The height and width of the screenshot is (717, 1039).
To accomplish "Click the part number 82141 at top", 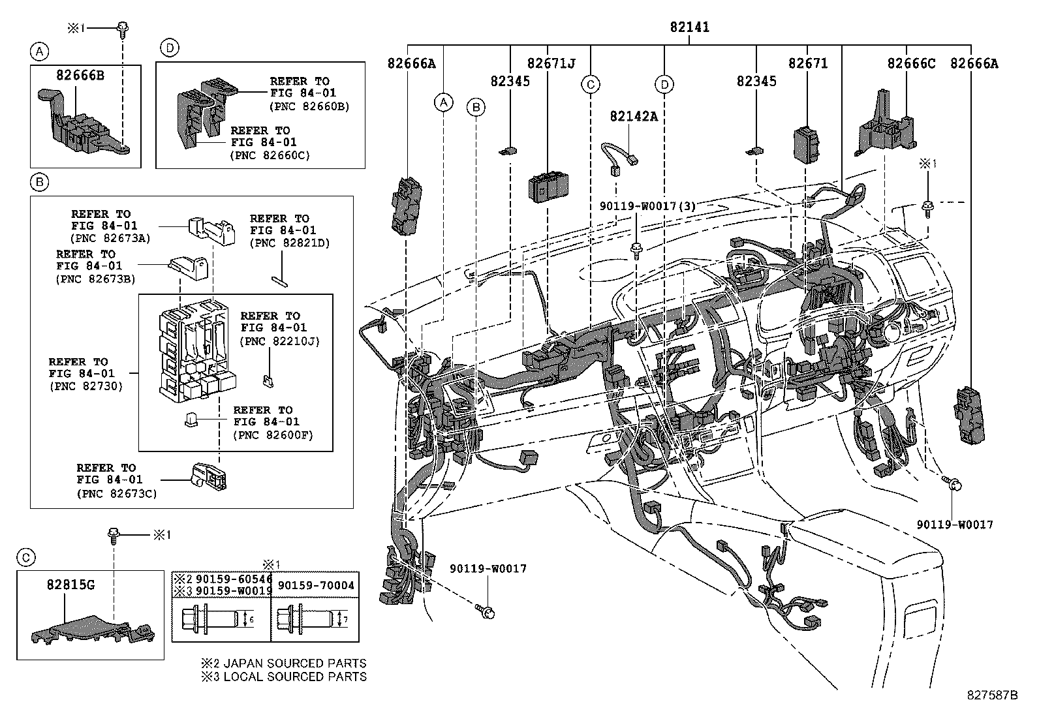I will [x=689, y=27].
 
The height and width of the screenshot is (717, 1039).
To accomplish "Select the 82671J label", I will [x=551, y=63].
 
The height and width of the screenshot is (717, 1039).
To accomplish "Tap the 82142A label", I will [x=633, y=116].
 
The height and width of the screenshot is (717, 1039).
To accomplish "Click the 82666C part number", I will [x=910, y=63].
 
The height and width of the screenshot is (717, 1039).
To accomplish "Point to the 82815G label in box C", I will [x=70, y=585].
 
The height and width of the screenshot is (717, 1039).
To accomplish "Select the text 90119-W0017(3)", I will [x=647, y=206].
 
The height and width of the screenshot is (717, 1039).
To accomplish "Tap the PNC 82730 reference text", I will [x=86, y=386].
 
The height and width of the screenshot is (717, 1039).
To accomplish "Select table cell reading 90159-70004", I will [x=315, y=585].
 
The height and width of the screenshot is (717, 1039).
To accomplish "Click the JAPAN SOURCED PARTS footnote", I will [x=284, y=664].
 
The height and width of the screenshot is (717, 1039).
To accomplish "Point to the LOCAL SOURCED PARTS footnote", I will [x=284, y=677].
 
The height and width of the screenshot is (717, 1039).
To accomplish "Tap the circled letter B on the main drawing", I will [x=476, y=107].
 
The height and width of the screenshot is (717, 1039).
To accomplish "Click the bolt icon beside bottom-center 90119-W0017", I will [x=486, y=611].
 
